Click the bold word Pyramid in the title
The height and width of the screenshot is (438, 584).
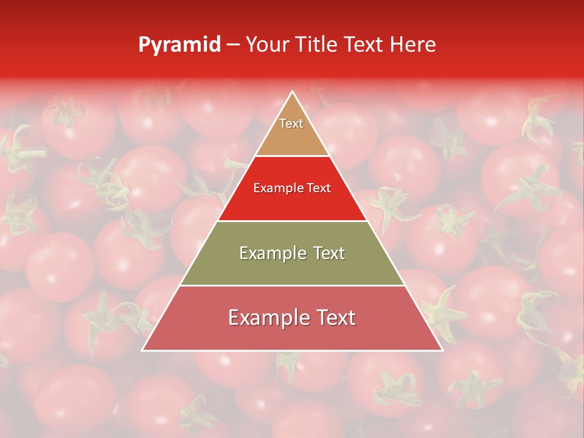point(179,45)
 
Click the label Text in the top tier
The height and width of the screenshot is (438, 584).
point(291,123)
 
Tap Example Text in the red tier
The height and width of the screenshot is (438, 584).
point(292,188)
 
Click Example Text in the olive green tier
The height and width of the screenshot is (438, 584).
point(292,253)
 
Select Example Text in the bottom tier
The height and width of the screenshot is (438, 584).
point(292,318)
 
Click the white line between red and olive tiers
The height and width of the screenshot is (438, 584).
point(292,221)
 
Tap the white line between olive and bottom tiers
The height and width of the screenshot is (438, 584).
point(292,285)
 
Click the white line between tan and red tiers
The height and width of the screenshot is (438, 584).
point(292,156)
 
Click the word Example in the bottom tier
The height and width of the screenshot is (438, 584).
point(262,318)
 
